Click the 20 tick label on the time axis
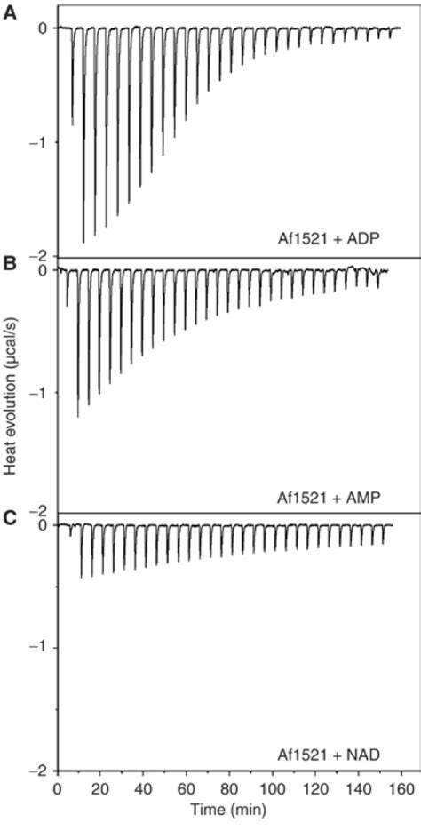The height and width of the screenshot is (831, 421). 100,787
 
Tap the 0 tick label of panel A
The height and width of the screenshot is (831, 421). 42,28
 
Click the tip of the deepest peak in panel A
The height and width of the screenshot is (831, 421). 83,242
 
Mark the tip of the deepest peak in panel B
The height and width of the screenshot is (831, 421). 78,416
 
